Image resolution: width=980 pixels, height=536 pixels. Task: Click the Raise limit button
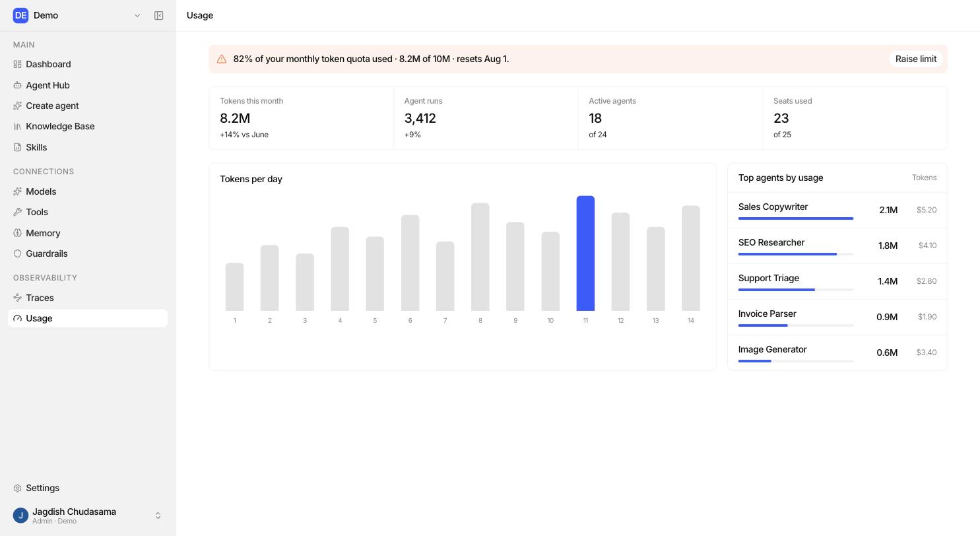pos(916,59)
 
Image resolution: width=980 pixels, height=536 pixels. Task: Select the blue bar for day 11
pos(585,253)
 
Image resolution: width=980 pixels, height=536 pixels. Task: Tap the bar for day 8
pos(480,257)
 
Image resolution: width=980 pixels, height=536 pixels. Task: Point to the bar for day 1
pos(234,287)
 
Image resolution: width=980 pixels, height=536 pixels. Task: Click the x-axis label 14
pos(691,321)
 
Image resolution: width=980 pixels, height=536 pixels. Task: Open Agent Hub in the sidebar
pos(48,85)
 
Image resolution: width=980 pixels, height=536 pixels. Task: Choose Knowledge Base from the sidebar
pos(60,127)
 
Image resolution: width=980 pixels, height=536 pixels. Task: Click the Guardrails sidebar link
pos(46,253)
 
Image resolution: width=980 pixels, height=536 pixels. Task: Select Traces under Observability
pos(40,298)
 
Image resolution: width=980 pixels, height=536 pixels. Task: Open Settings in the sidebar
pos(42,488)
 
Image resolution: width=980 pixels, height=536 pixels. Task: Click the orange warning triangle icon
pos(222,59)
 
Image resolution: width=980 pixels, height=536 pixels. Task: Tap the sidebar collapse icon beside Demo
pos(159,16)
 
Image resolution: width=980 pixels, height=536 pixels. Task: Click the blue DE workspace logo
pos(20,16)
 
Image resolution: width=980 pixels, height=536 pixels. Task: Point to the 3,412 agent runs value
pos(420,118)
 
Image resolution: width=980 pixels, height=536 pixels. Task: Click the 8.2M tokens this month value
pos(235,118)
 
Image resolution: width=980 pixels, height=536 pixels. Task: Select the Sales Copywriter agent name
pos(773,207)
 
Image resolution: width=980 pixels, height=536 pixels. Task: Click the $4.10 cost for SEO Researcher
pos(927,246)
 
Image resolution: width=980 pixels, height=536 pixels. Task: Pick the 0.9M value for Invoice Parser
pos(887,317)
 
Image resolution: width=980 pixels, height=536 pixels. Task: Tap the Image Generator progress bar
pos(796,361)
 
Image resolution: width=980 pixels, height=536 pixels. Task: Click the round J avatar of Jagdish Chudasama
pos(20,516)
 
